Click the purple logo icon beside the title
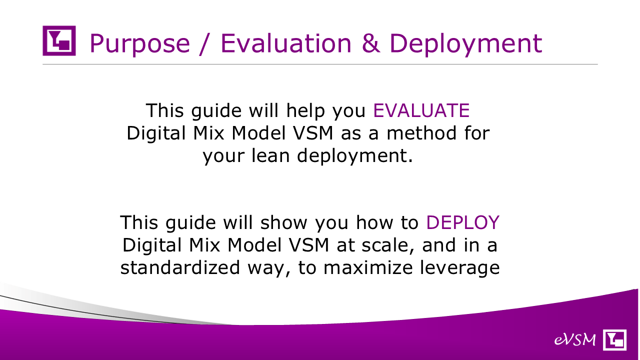point(59,40)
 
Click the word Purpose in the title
point(139,44)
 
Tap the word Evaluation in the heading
point(286,43)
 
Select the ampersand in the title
point(371,43)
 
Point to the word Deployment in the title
point(465,44)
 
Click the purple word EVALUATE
point(421,110)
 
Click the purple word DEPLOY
point(463,222)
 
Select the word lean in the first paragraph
point(270,155)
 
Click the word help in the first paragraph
point(305,111)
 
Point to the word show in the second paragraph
point(283,222)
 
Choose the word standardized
point(180,267)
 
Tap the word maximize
point(368,267)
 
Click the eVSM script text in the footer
point(575,339)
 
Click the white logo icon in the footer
point(614,339)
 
